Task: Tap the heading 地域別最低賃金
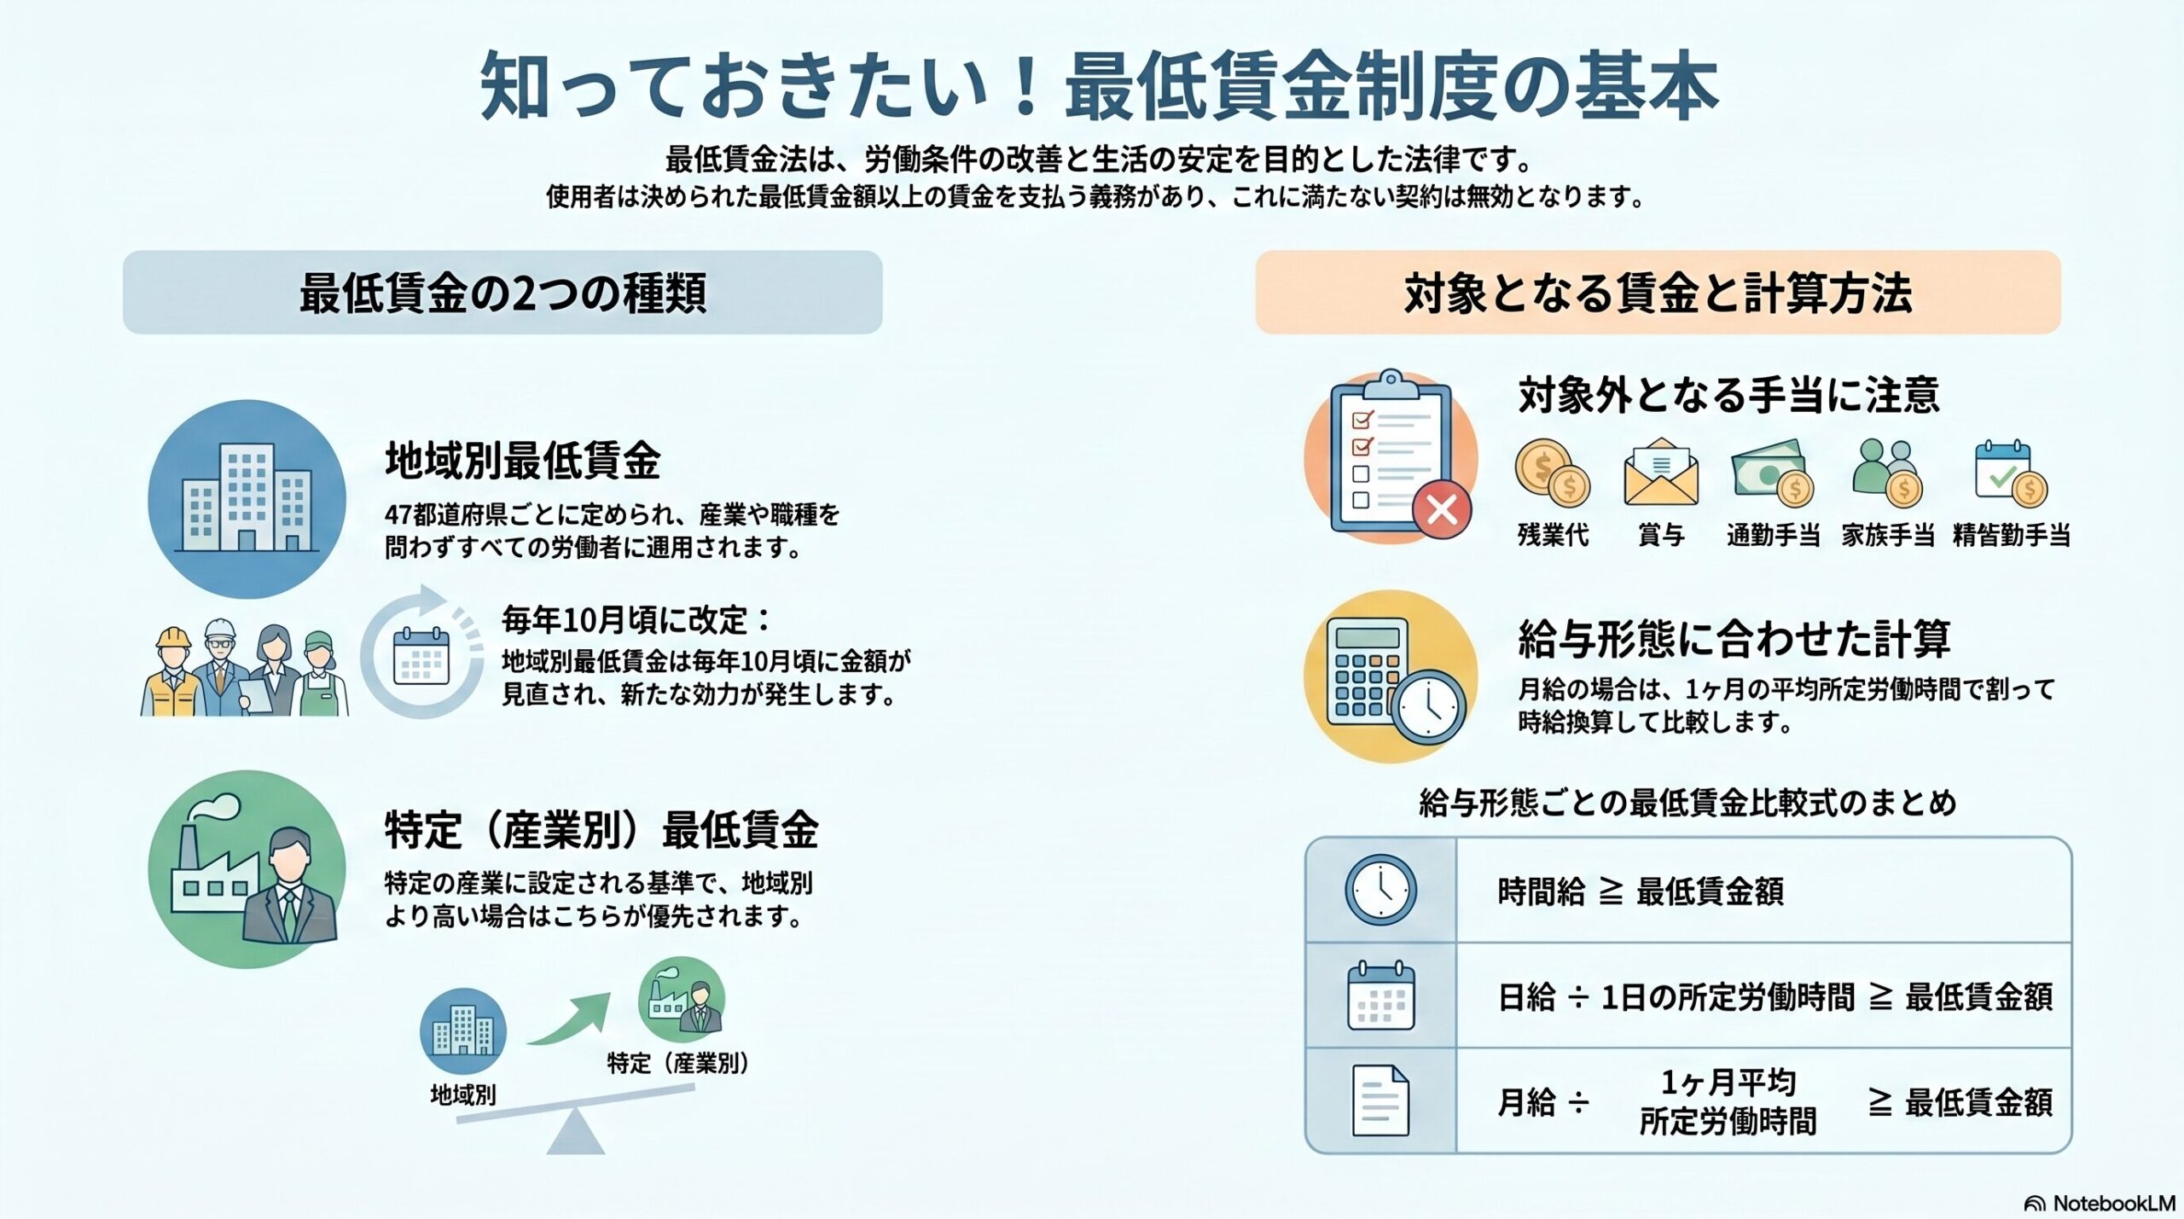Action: (x=522, y=461)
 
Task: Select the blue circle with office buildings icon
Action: (x=247, y=499)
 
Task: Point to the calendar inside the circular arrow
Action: (x=421, y=656)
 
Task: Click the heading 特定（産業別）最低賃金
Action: (x=601, y=829)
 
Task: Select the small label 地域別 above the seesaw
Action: (x=463, y=1094)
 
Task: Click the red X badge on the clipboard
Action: (x=1441, y=510)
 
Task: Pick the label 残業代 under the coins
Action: (x=1553, y=536)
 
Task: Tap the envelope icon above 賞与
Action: (x=1661, y=473)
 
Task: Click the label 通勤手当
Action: (x=1773, y=536)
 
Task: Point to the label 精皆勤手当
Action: (x=2011, y=536)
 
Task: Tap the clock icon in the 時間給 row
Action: (x=1380, y=890)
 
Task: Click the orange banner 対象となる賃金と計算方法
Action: (x=1657, y=293)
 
